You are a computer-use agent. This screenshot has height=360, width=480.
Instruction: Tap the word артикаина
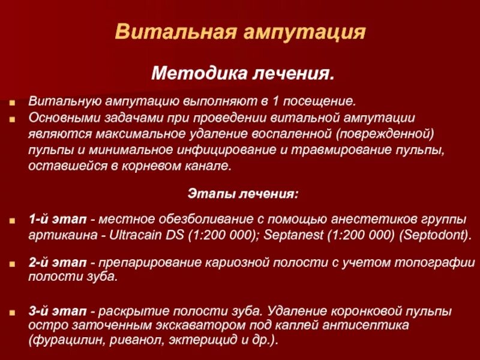tap(58, 234)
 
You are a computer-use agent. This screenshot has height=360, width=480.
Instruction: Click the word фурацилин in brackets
tap(62, 340)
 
